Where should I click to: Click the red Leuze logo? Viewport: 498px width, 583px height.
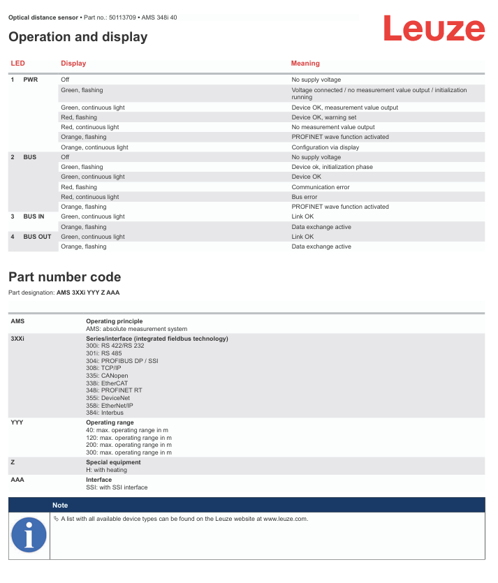coord(433,29)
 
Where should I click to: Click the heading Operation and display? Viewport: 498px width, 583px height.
coord(78,37)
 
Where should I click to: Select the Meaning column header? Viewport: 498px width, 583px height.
coord(305,64)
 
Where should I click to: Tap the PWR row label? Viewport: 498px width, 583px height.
coord(31,80)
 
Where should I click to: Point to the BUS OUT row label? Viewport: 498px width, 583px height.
coord(37,237)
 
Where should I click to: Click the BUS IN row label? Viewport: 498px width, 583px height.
coord(34,216)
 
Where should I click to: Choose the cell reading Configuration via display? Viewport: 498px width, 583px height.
coord(326,147)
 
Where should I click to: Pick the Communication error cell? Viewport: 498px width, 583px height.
coord(320,187)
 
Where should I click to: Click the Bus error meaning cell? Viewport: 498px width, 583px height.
coord(305,197)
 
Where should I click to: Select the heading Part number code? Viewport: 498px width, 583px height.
coord(64,277)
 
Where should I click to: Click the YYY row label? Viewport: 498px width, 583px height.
coord(17,422)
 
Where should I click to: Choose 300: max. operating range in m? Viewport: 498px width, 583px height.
coord(129,452)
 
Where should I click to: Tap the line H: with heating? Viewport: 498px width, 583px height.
coord(106,470)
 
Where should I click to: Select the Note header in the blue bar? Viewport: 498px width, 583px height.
coord(60,505)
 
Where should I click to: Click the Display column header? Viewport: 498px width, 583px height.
coord(73,64)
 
